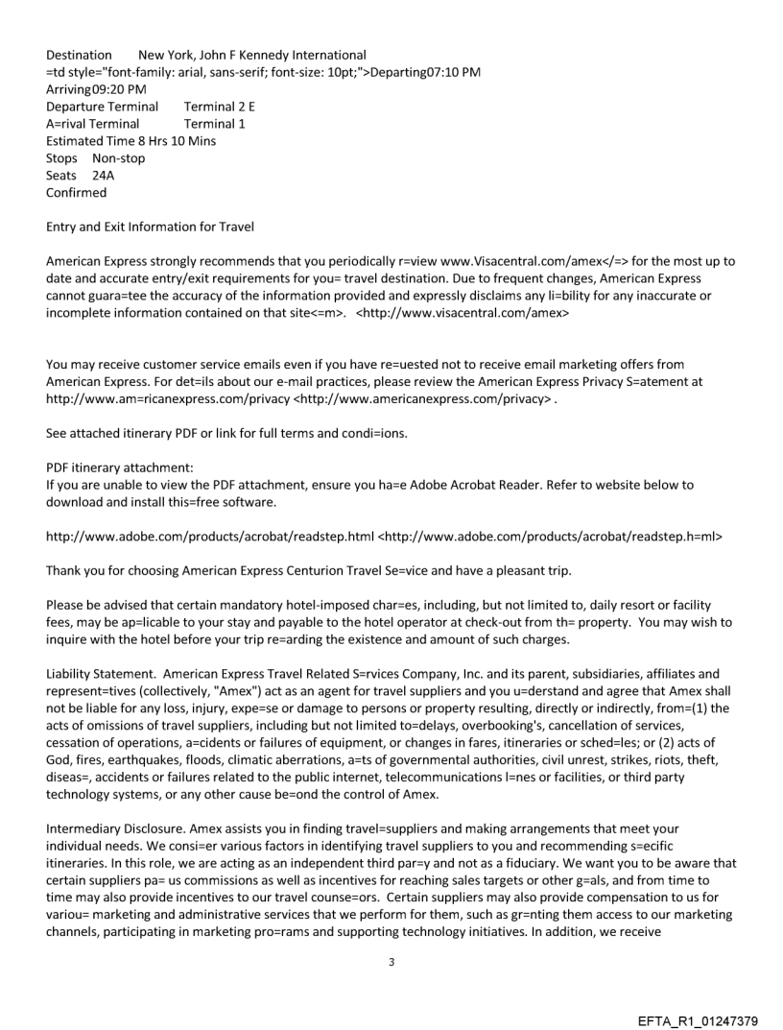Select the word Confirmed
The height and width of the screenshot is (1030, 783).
click(x=77, y=193)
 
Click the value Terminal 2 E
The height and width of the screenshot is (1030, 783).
click(x=220, y=107)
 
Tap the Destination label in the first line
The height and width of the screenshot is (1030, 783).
click(x=79, y=55)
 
